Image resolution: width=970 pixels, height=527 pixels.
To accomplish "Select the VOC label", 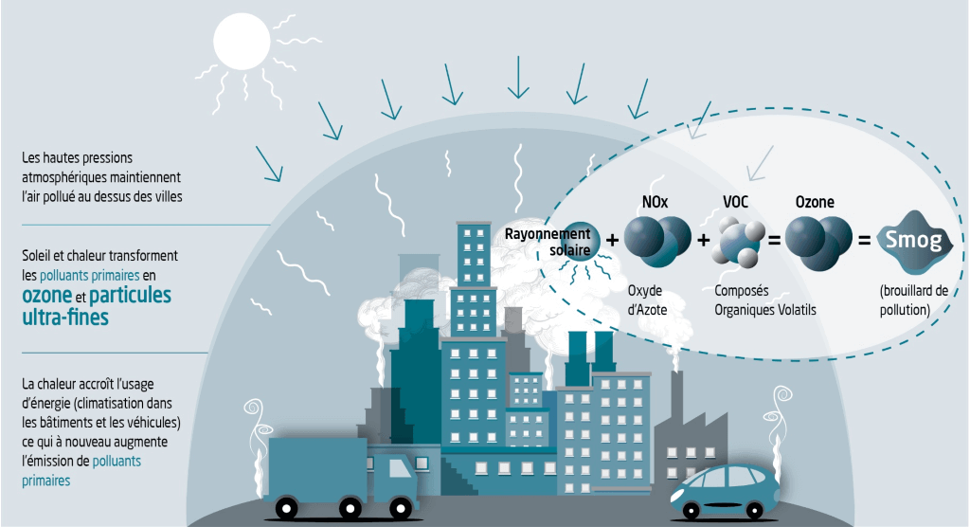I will [736, 203].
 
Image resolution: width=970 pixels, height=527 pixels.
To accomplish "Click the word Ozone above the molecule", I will [815, 203].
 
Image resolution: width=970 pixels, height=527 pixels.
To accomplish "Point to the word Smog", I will [913, 241].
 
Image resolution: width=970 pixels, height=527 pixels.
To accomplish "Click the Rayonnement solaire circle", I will [575, 242].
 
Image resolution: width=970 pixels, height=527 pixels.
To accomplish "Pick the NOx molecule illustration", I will [657, 242].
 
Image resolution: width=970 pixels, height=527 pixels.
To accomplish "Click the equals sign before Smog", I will [864, 242].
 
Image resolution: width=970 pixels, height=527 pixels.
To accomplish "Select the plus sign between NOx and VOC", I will [703, 242].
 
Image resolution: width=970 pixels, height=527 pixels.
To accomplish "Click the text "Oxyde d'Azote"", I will [649, 300].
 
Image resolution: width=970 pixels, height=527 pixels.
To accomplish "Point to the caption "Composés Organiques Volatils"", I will [753, 300].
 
